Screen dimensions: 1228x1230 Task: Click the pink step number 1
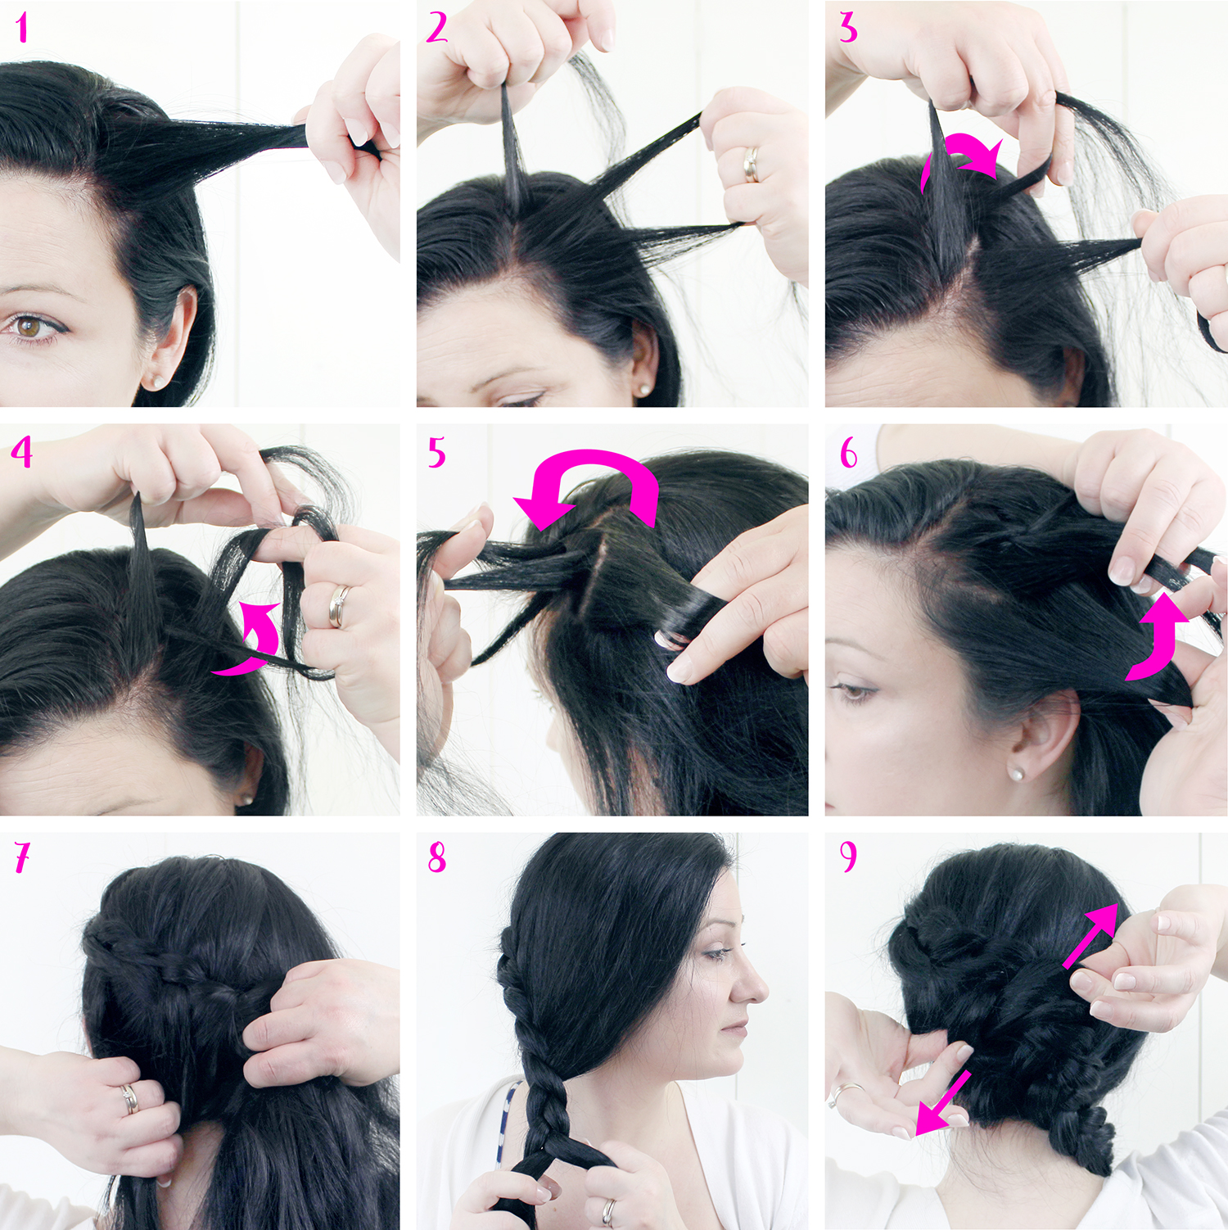(22, 28)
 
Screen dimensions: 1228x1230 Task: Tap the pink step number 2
(437, 28)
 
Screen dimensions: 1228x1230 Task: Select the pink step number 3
(848, 29)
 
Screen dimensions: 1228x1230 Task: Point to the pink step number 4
(22, 452)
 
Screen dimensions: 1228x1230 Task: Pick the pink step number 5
(437, 452)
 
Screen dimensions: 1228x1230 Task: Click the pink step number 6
(849, 452)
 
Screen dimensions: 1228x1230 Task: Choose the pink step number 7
(22, 857)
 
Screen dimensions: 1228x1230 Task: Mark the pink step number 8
(437, 857)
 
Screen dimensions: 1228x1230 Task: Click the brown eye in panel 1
(30, 327)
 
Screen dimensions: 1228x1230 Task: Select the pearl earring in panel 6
(1016, 773)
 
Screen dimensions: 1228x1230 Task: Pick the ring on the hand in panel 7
(130, 1099)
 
